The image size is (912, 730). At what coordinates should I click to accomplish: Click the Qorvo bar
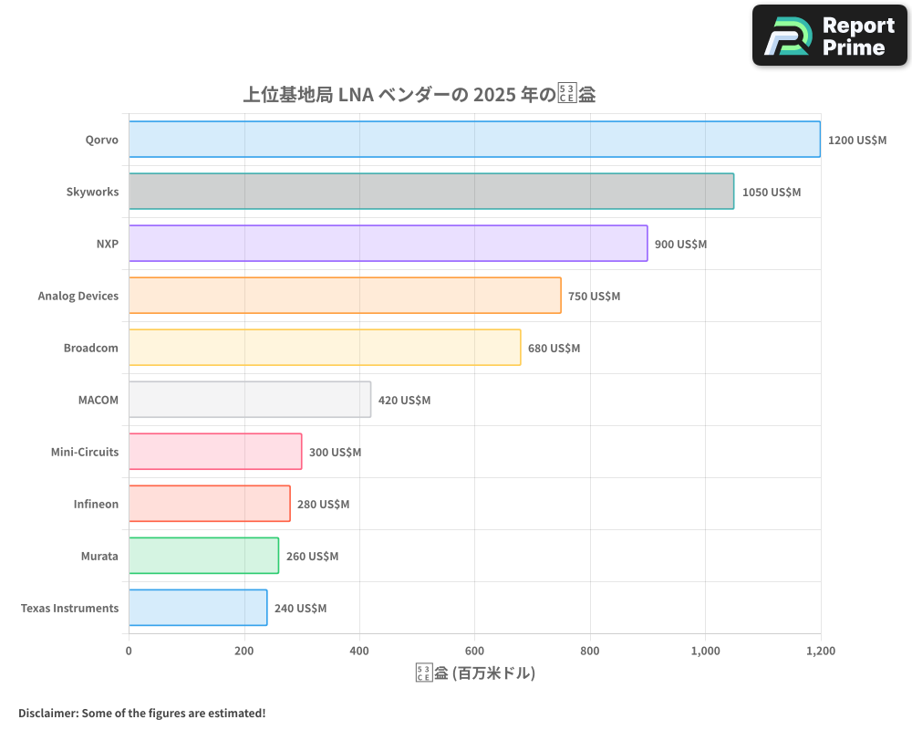pos(474,140)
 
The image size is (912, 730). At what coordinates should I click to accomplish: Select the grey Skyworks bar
pos(430,192)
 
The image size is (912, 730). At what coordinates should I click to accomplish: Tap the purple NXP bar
pos(388,244)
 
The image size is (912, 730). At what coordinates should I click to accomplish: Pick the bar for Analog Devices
pos(345,296)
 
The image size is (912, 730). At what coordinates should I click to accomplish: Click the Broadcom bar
pos(325,348)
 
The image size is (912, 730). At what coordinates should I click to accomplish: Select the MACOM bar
pos(250,400)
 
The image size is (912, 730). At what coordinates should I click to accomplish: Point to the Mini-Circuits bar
pos(215,452)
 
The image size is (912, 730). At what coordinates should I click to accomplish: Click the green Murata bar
pos(203,556)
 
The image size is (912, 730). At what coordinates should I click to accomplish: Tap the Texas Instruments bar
pos(198,608)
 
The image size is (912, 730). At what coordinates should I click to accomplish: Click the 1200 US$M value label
pos(856,141)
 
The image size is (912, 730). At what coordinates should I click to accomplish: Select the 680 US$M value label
pos(554,349)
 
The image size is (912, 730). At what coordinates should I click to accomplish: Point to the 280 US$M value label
pos(323,505)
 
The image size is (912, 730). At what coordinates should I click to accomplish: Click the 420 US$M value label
pos(404,401)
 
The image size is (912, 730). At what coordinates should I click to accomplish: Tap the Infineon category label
pos(96,504)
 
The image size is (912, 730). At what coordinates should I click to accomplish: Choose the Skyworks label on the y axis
pos(92,192)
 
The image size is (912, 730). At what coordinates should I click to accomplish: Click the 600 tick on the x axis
pos(474,652)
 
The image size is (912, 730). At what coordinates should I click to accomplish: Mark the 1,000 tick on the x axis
pos(705,652)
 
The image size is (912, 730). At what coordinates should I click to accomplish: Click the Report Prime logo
pos(829,36)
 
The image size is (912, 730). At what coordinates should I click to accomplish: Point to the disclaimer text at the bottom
pos(141,713)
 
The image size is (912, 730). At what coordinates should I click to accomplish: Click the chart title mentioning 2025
pos(419,94)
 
